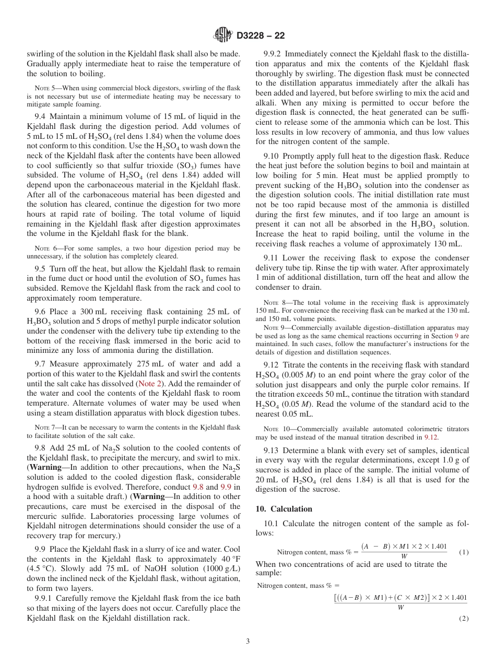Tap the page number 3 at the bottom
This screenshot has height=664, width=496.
pyautogui.click(x=247, y=641)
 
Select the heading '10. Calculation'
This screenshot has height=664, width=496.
pyautogui.click(x=284, y=509)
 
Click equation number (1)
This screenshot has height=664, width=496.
pyautogui.click(x=464, y=552)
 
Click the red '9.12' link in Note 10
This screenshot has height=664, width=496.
pyautogui.click(x=431, y=437)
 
